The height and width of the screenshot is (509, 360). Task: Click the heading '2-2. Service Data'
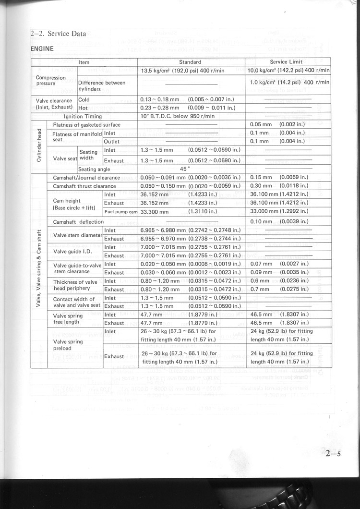pyautogui.click(x=58, y=34)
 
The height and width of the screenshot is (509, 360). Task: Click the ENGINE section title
pyautogui.click(x=42, y=49)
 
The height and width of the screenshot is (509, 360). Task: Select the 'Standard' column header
pyautogui.click(x=190, y=62)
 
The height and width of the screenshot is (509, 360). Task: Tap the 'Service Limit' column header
pyautogui.click(x=286, y=62)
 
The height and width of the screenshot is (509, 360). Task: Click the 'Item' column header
pyautogui.click(x=84, y=62)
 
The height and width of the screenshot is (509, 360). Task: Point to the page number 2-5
pyautogui.click(x=332, y=453)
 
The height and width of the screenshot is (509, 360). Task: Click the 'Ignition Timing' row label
pyautogui.click(x=83, y=116)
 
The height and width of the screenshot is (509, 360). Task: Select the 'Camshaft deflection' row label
pyautogui.click(x=78, y=222)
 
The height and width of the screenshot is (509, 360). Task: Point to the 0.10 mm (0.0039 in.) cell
pyautogui.click(x=279, y=222)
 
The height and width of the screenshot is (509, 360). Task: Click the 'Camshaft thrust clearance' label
pyautogui.click(x=84, y=186)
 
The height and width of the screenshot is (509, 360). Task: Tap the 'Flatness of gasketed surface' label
pyautogui.click(x=87, y=125)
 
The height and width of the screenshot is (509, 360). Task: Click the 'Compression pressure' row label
pyautogui.click(x=51, y=81)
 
